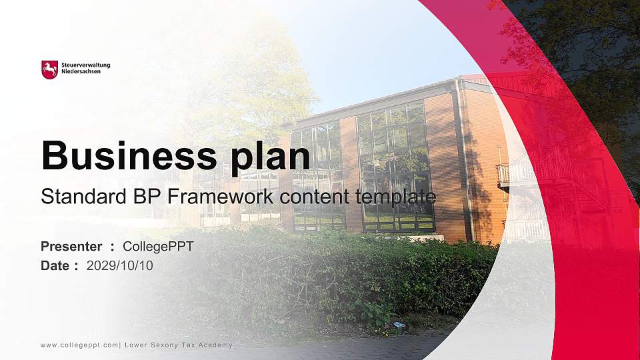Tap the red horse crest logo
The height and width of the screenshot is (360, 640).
(x=49, y=69)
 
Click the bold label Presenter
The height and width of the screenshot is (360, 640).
(x=71, y=247)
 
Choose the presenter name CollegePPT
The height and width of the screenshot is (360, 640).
(x=158, y=247)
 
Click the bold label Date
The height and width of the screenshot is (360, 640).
(x=55, y=265)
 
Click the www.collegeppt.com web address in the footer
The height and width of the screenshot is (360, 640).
(x=79, y=345)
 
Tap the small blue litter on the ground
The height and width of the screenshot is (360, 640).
(x=399, y=325)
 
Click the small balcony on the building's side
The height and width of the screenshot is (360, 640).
(x=503, y=175)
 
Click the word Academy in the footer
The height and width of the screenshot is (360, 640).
(x=217, y=345)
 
